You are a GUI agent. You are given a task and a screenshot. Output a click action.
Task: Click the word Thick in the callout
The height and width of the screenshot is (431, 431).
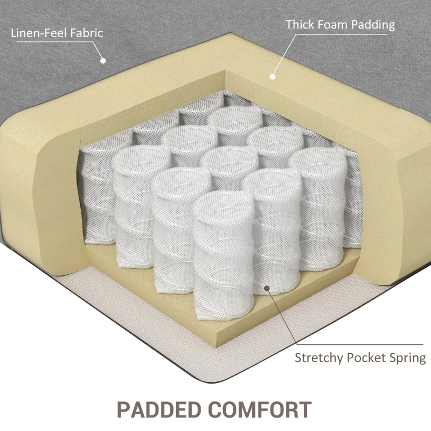click(x=300, y=25)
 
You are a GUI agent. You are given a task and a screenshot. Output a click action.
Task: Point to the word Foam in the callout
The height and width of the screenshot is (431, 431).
click(x=333, y=25)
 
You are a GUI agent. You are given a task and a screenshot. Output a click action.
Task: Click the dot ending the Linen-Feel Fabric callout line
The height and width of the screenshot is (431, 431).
click(x=103, y=60)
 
